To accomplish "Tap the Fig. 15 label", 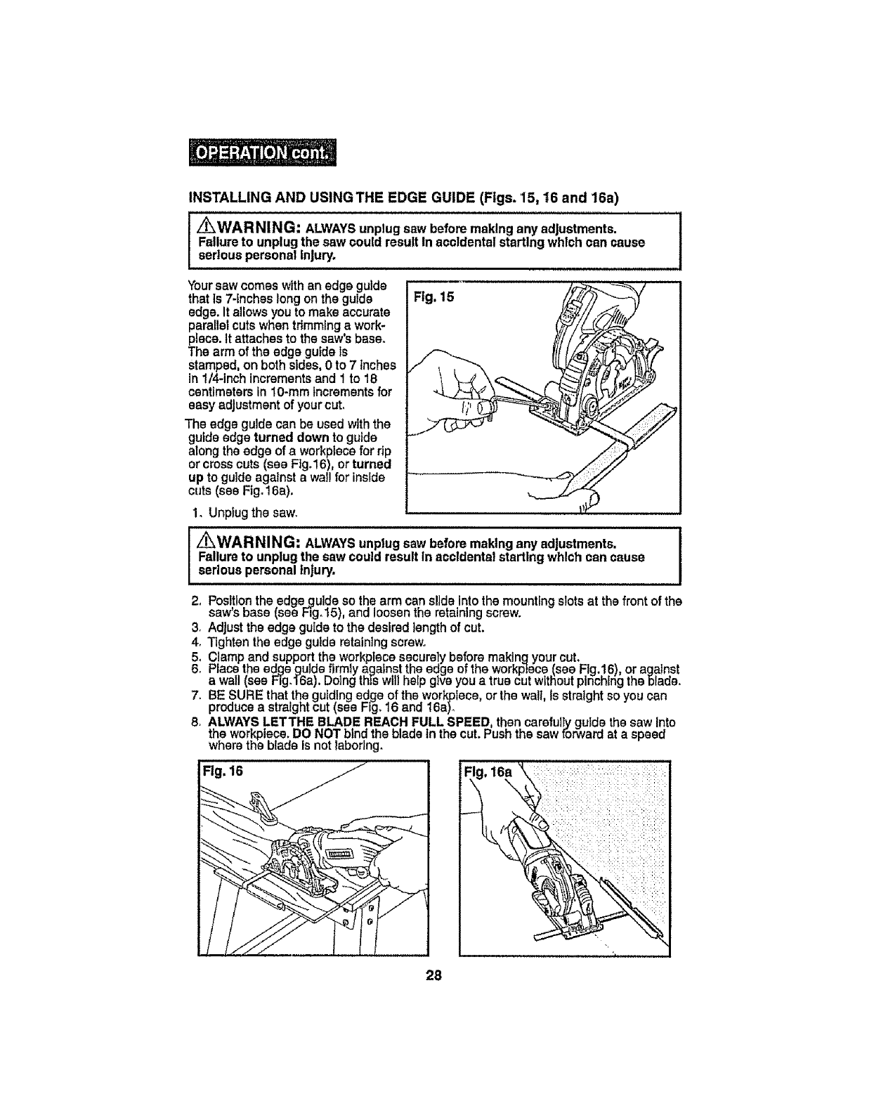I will [x=435, y=297].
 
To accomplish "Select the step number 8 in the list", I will [x=194, y=721].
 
